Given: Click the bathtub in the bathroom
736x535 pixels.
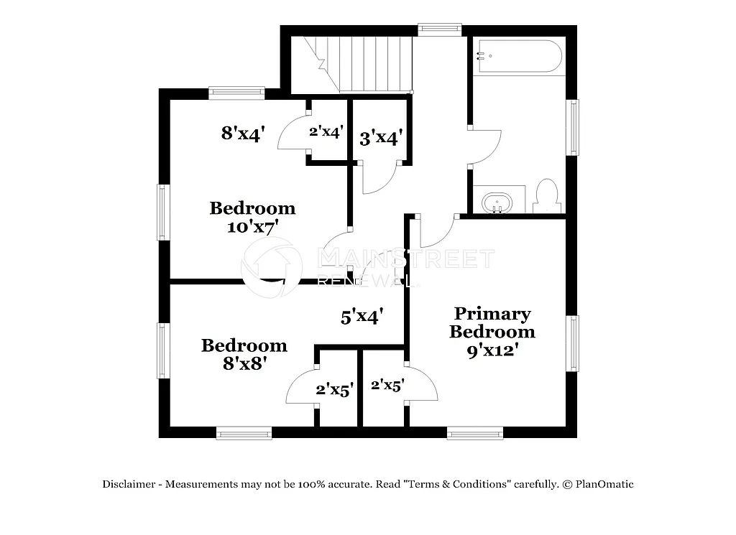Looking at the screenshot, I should point(518,56).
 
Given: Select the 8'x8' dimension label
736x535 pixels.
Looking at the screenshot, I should point(244,363).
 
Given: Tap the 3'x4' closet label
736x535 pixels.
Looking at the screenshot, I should point(380,137).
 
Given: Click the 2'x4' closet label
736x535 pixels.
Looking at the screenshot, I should point(326,131).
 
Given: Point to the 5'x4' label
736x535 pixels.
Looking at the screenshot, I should point(362,315).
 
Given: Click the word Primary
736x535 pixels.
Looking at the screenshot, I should point(492,314).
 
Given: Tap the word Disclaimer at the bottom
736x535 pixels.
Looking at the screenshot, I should point(129,484).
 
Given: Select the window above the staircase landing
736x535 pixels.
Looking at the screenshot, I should point(439,29).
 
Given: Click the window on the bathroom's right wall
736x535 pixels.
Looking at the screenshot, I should point(573,127).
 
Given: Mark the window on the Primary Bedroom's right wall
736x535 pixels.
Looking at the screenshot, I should point(573,343).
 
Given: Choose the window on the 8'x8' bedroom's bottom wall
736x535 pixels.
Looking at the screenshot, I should point(244,432).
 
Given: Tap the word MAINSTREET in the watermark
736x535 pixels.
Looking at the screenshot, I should point(406,259).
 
